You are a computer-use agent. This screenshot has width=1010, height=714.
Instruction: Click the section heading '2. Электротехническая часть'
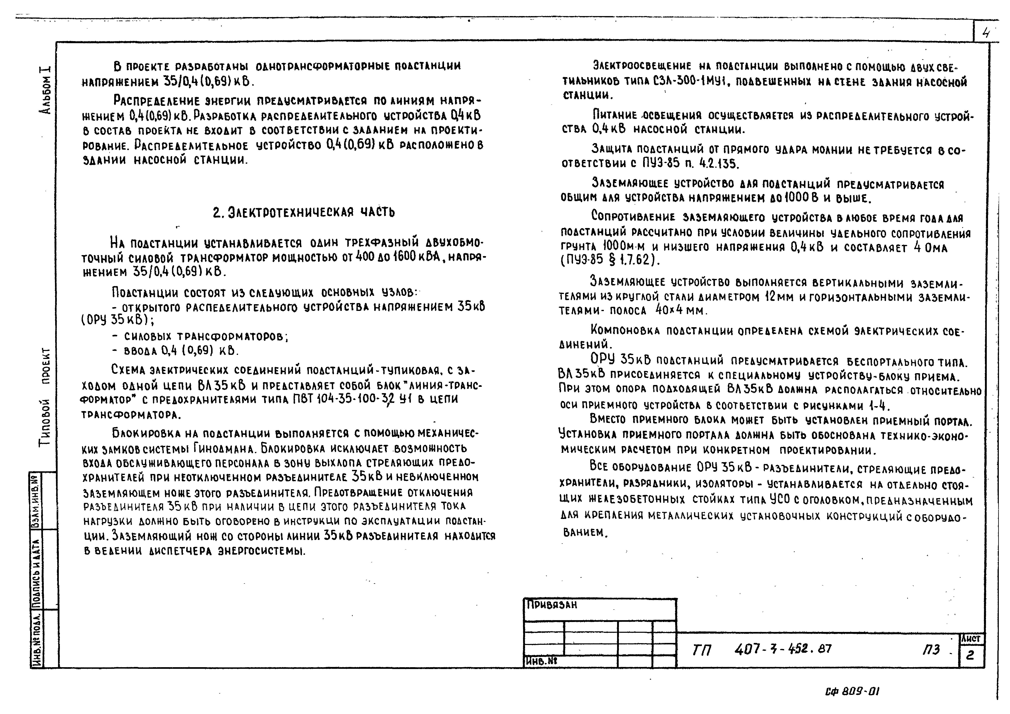pos(304,213)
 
